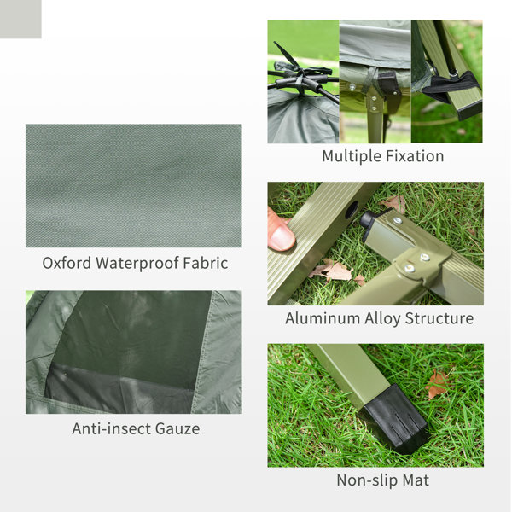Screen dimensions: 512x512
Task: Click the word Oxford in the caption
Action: click(66, 263)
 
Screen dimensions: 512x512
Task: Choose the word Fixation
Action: click(415, 156)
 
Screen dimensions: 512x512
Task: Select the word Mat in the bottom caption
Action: click(415, 480)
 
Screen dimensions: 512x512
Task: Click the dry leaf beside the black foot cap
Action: click(438, 384)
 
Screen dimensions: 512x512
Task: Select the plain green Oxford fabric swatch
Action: click(133, 185)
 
